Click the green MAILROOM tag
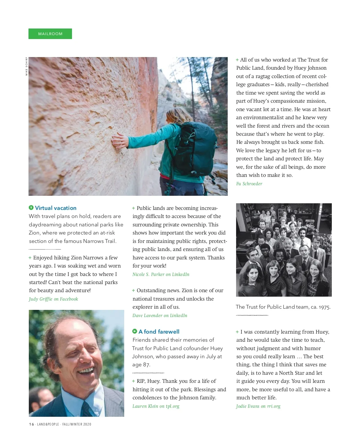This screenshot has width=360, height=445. [x=50, y=34]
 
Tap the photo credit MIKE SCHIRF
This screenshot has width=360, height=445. [x=27, y=66]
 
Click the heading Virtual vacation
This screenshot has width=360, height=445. [x=55, y=208]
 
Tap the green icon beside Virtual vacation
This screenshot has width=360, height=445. [x=31, y=208]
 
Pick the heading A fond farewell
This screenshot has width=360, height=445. [x=159, y=332]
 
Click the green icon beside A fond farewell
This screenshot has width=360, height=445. [x=135, y=331]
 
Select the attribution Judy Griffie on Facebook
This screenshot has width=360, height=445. [x=53, y=299]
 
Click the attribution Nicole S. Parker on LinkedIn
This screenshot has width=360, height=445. [x=161, y=274]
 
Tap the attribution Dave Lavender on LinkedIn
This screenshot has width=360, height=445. [x=160, y=316]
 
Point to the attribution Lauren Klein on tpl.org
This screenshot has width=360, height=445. [x=156, y=406]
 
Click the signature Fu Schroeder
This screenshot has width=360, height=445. [x=249, y=184]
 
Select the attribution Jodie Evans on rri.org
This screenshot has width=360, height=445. [x=258, y=406]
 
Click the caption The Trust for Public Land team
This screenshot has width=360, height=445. [x=283, y=307]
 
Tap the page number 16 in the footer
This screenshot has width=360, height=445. [x=31, y=424]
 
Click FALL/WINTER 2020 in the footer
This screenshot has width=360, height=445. [x=77, y=424]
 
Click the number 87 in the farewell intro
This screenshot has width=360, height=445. [x=146, y=365]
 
